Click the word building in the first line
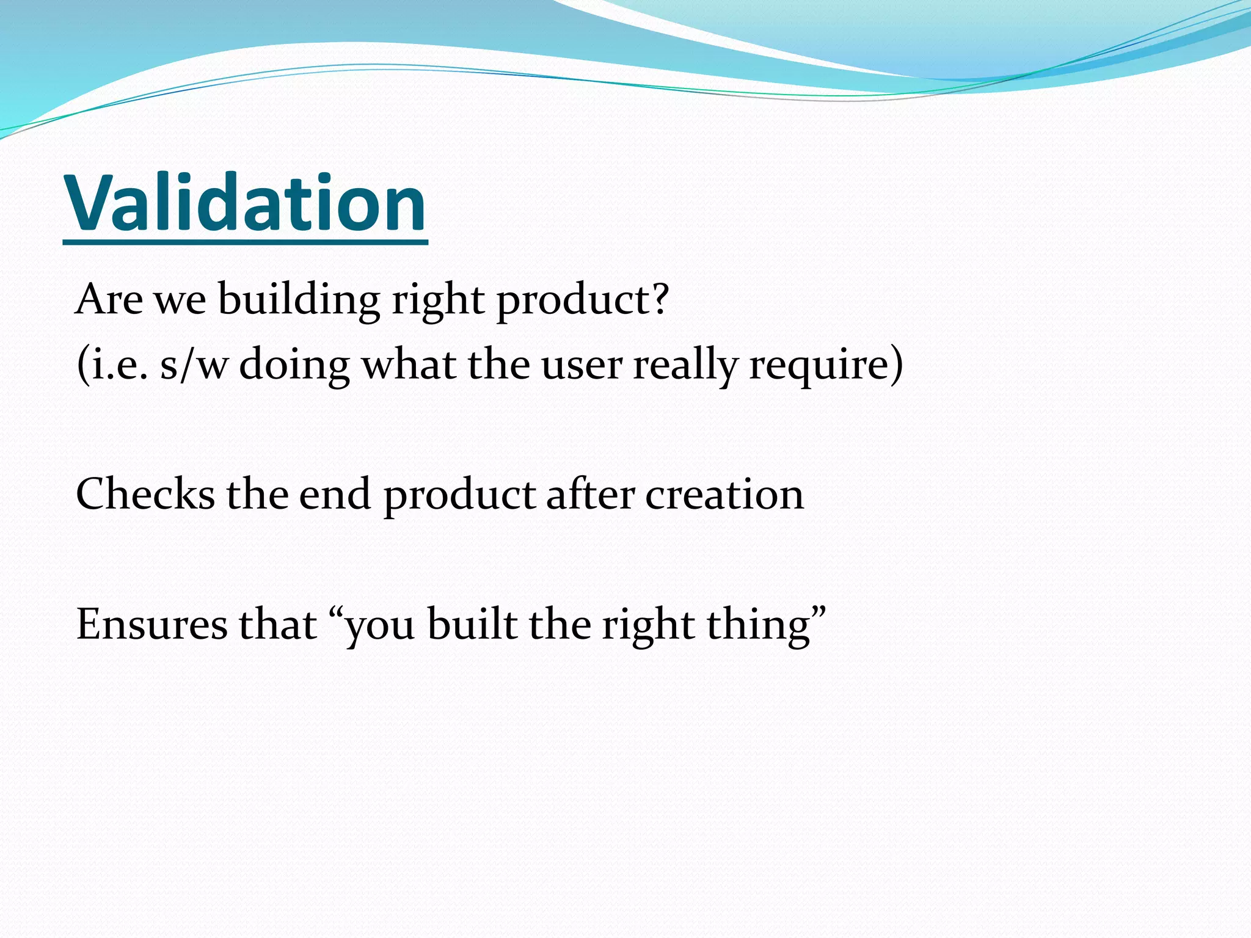[x=299, y=300]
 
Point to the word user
[x=581, y=365]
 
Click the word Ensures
[x=151, y=624]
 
